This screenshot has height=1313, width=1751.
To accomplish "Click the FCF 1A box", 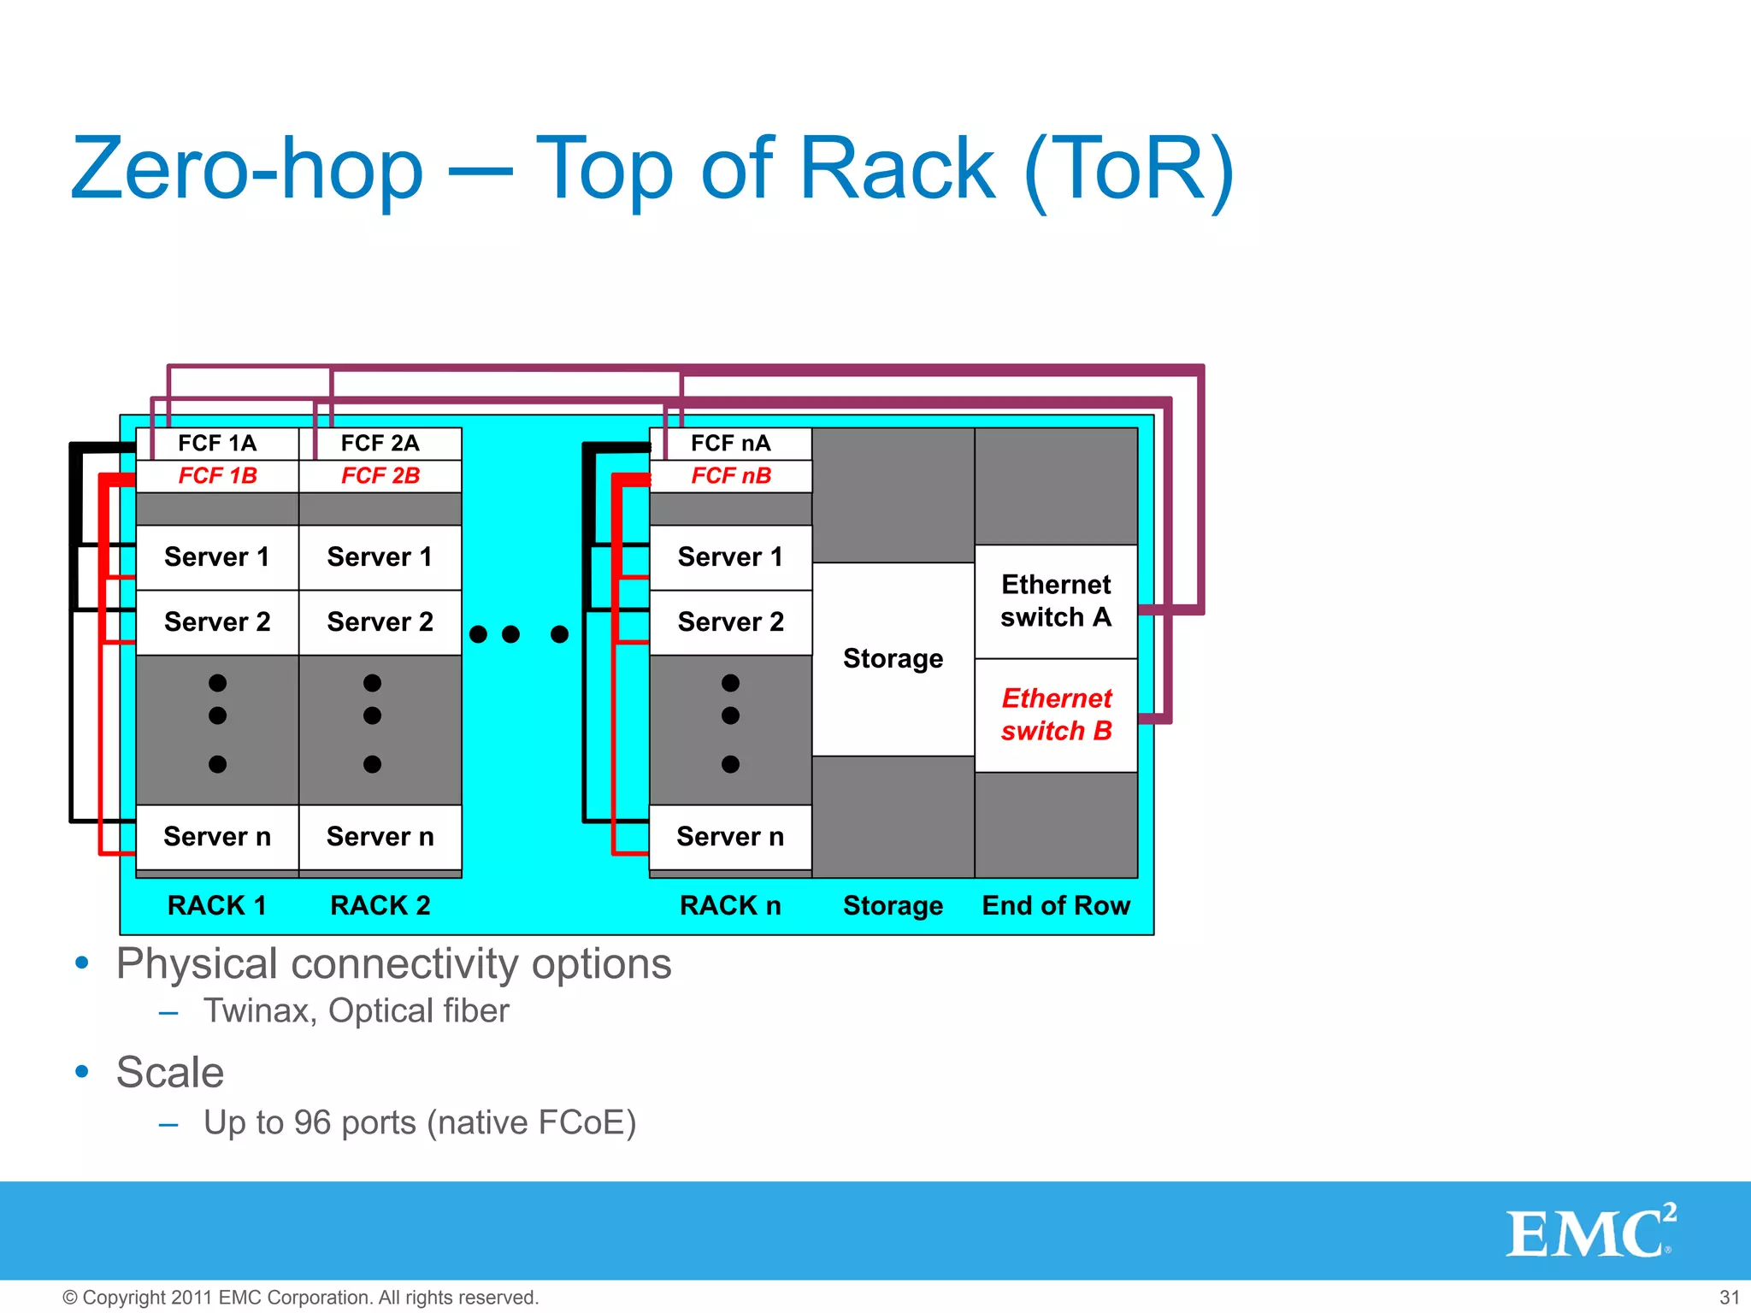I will coord(217,444).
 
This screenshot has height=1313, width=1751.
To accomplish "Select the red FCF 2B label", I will coord(380,476).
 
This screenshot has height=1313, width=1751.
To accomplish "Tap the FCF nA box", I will coord(731,444).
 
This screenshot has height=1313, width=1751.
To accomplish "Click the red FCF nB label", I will coord(731,476).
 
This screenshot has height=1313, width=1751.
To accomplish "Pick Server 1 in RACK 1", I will coord(217,557).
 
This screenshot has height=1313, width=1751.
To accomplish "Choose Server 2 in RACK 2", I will coord(380,622).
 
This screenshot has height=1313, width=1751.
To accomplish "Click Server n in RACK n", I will coord(731,837).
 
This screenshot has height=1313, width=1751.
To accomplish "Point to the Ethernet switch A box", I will coord(1056,601).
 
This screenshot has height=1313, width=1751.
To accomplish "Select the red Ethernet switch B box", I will coord(1056,715).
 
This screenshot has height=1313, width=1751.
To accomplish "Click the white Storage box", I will coord(893,659).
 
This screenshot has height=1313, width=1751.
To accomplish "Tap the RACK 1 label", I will coord(217,906).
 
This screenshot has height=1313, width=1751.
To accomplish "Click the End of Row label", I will coord(1056,906).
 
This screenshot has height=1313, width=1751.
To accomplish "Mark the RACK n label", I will coord(731,906).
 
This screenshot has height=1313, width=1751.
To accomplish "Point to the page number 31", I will coord(1729,1298).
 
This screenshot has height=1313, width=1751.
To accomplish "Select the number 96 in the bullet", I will coord(312,1123).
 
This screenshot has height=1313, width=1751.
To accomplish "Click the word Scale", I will coord(170,1073).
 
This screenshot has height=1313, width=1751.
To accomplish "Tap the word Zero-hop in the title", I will coord(247,169).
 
